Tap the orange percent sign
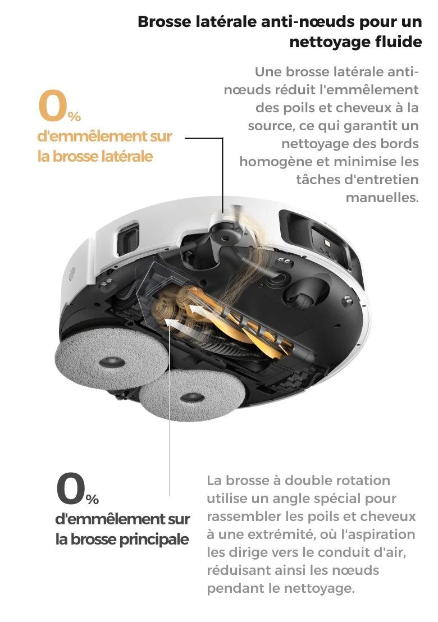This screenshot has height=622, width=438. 74,116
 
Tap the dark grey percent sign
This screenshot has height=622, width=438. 92,499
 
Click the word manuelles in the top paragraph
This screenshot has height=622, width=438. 382,197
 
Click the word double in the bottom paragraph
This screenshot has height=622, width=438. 309,481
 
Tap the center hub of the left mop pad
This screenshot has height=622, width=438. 112,362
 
